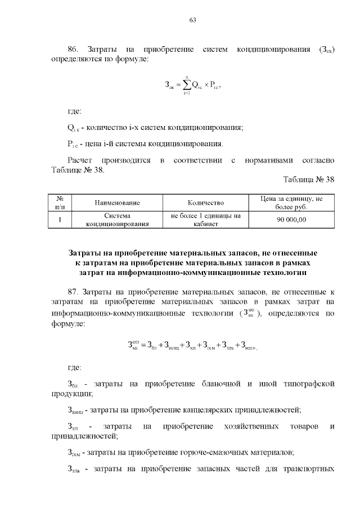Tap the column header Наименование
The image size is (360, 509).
pos(117,202)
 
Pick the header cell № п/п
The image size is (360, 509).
pos(60,202)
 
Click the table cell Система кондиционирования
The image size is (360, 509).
pos(117,219)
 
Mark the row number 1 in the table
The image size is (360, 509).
pos(60,219)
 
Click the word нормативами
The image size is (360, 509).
pos(269,160)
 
